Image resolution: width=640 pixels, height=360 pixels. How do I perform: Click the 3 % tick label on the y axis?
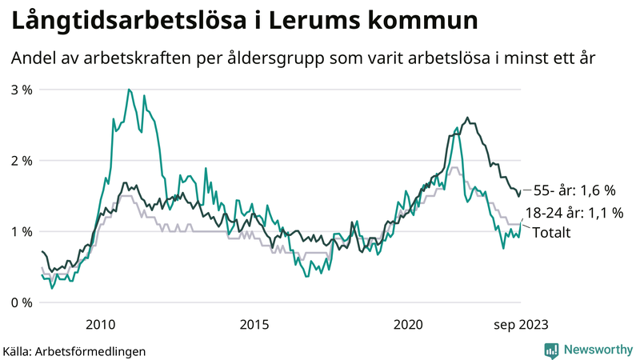[x=22, y=90]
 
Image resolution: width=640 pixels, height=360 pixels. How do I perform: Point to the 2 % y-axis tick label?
[x=22, y=161]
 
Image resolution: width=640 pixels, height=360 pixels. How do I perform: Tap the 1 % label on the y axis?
[x=22, y=232]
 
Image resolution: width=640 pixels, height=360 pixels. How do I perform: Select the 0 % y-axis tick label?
[x=22, y=302]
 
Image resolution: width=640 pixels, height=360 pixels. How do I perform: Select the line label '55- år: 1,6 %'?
[x=574, y=190]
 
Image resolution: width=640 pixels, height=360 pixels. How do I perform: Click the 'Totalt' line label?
[x=551, y=234]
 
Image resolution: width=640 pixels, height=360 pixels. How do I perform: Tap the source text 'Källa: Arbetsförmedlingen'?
[x=74, y=350]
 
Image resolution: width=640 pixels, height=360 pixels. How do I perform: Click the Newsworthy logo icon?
[x=551, y=350]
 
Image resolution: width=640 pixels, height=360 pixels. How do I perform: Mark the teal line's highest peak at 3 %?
[x=129, y=90]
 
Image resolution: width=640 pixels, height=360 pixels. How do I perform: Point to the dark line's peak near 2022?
[x=467, y=118]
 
